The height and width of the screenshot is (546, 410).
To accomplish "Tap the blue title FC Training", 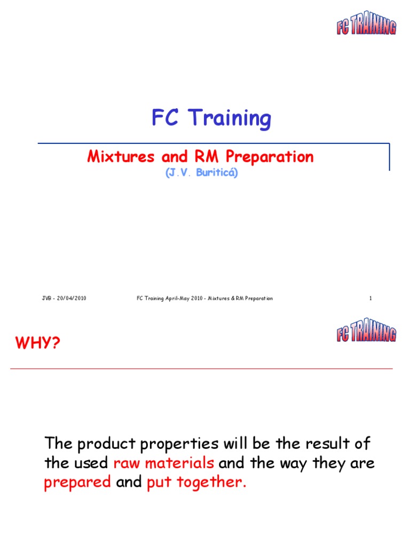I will pyautogui.click(x=211, y=118).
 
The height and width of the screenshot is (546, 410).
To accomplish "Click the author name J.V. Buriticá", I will pyautogui.click(x=201, y=174).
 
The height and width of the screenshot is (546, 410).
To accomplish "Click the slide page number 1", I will pyautogui.click(x=370, y=299).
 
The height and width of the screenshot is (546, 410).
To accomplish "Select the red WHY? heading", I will pyautogui.click(x=38, y=343).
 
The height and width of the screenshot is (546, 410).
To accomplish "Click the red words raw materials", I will pyautogui.click(x=164, y=463).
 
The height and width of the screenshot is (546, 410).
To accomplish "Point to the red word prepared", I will pyautogui.click(x=77, y=483).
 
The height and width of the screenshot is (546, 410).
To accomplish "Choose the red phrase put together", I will pyautogui.click(x=196, y=483).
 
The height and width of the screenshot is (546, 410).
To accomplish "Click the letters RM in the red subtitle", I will pyautogui.click(x=204, y=157).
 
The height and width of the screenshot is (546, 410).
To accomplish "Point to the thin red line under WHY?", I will pyautogui.click(x=202, y=369).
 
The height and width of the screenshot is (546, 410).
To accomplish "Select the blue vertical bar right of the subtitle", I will pyautogui.click(x=389, y=157).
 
